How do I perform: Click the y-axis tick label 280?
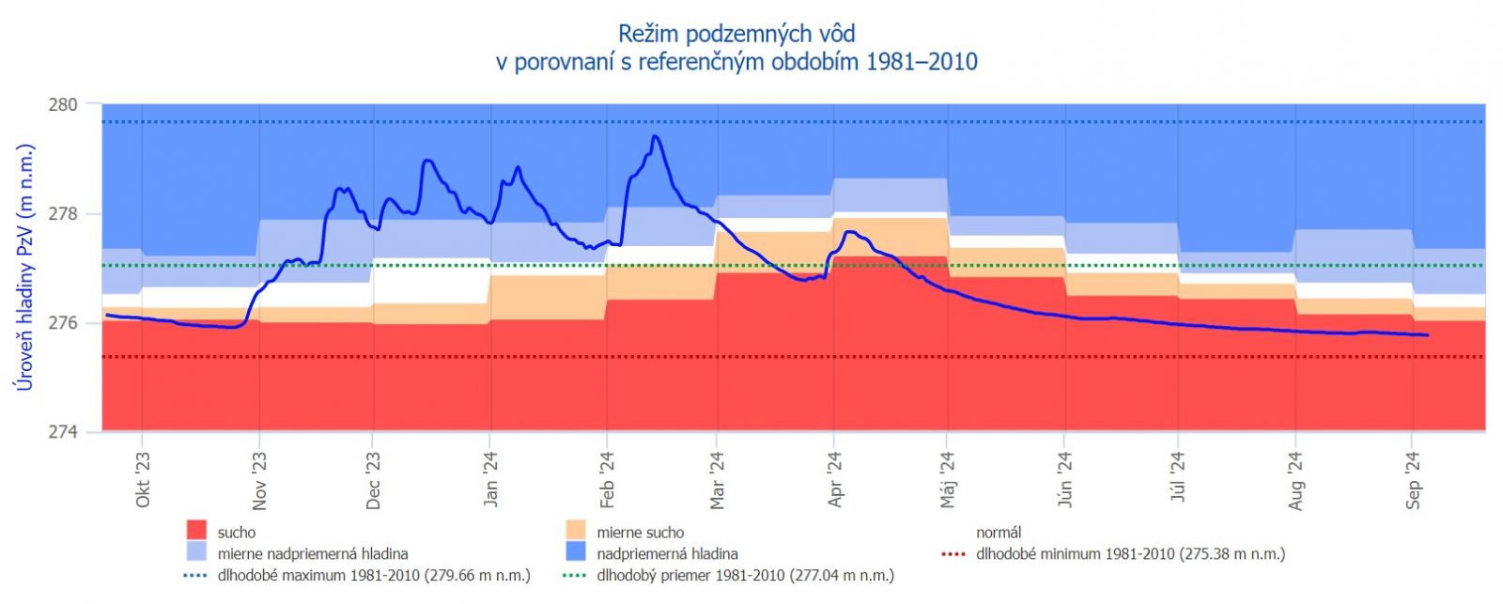63,104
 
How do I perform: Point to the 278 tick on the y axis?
63,214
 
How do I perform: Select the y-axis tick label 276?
63,323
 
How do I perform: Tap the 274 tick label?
63,433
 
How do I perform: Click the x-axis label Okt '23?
143,479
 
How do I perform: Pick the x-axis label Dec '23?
373,481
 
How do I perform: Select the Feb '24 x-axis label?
607,480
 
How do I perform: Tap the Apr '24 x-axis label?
835,480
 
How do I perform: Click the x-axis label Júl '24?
1178,478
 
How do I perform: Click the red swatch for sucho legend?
196,532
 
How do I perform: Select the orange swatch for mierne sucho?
575,532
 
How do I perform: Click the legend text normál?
998,533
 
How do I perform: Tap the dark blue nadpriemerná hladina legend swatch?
575,553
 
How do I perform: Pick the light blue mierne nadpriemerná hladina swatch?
196,553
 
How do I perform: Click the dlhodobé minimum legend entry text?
1130,554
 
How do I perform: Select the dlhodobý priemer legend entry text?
745,575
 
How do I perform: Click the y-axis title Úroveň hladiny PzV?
25,268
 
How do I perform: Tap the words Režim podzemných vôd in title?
736,34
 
